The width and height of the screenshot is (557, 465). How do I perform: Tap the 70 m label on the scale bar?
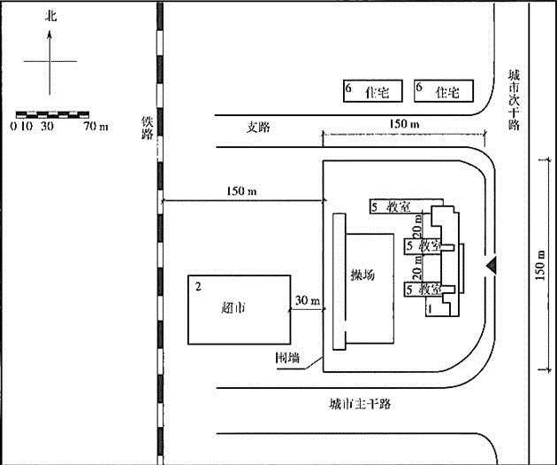point(95,127)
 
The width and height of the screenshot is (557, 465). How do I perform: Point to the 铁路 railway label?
point(148,128)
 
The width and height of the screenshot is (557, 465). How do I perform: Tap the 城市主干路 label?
point(360,404)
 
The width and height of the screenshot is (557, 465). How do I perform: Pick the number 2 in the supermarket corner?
point(198,286)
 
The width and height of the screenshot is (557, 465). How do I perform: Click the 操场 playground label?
point(363,275)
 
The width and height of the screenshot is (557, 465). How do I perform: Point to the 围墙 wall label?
point(286,359)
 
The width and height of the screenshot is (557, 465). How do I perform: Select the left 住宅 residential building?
point(371,90)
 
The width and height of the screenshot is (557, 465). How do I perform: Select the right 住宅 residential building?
point(441,90)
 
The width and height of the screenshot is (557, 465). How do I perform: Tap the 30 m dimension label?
point(308,300)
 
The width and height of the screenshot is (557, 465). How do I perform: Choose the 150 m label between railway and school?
point(242,192)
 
